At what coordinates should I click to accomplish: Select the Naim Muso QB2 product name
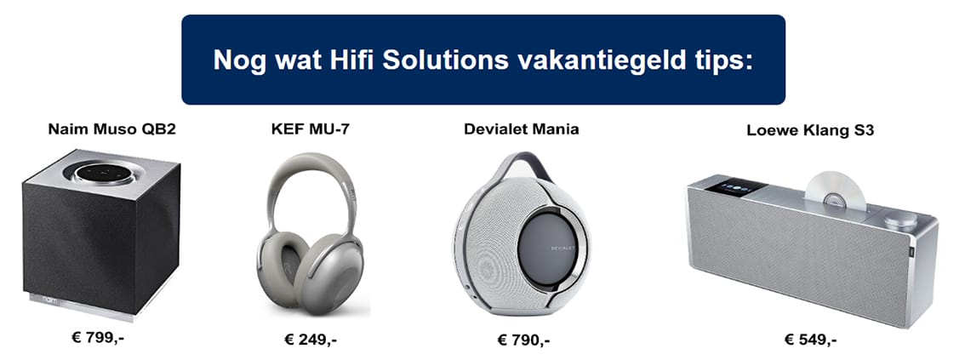tap(112, 130)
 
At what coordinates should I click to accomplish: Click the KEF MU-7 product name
tap(305, 130)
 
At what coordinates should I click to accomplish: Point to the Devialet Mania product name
tap(522, 129)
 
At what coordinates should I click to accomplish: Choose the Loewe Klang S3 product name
tap(810, 130)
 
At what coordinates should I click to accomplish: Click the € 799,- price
tap(102, 338)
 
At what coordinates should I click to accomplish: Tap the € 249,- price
tap(311, 340)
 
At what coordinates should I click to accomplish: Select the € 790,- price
tap(523, 340)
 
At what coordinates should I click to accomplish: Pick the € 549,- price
tap(810, 340)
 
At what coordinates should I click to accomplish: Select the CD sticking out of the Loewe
tap(835, 191)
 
